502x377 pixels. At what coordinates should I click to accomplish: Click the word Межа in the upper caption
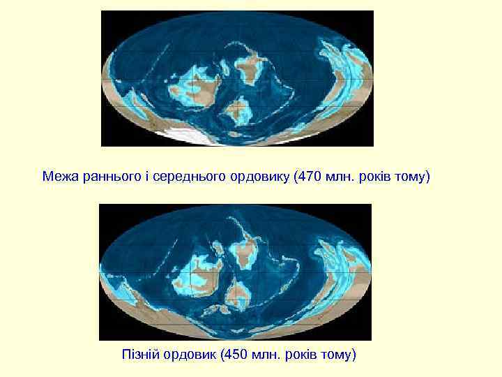[59, 175]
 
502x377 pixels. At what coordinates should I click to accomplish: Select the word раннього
[106, 175]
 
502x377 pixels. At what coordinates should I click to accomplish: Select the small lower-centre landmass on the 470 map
[238, 110]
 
